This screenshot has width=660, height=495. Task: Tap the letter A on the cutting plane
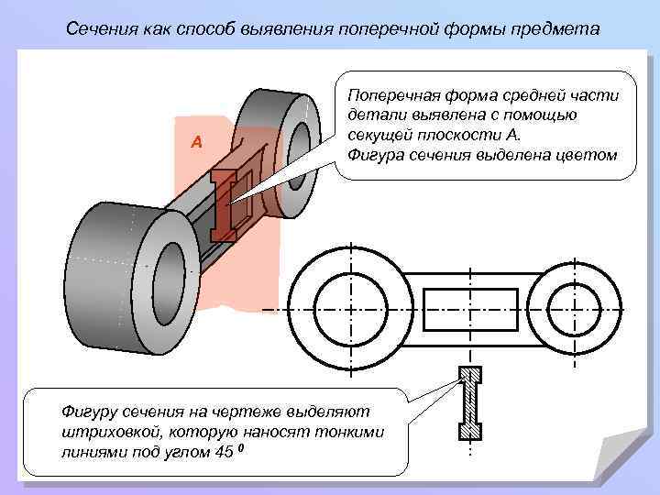click(195, 142)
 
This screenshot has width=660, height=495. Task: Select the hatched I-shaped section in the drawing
click(469, 403)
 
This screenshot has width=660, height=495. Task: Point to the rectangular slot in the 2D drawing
click(467, 310)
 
